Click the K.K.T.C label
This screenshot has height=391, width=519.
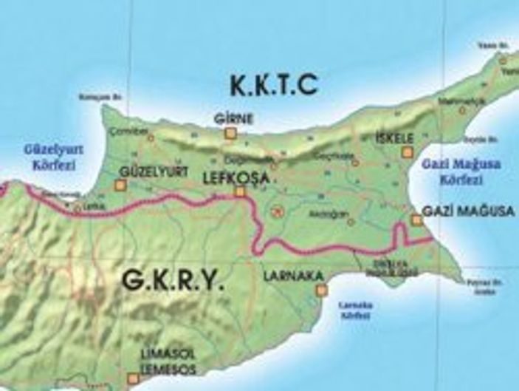(x=274, y=86)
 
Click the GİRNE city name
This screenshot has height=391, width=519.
(x=233, y=119)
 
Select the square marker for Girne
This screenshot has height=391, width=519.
(x=230, y=133)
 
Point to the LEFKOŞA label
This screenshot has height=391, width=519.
(x=231, y=177)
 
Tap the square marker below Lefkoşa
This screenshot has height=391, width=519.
(x=239, y=191)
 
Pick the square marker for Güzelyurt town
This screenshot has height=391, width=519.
(x=121, y=185)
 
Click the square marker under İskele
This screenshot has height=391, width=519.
(x=406, y=152)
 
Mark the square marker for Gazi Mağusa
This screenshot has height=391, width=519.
(x=416, y=220)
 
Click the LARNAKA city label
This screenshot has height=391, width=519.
(x=293, y=276)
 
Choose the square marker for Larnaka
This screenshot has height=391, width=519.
(x=321, y=290)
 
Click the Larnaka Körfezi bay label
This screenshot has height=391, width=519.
(x=351, y=309)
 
